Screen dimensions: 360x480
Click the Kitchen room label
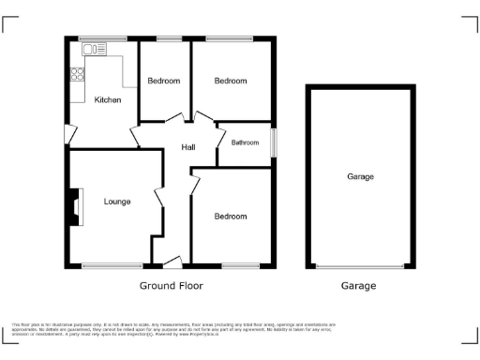tap(107, 99)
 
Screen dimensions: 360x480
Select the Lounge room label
tap(117, 202)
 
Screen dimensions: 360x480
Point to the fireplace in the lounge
tap(74, 208)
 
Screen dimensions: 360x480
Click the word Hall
tap(188, 147)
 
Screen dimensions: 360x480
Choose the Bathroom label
tap(246, 142)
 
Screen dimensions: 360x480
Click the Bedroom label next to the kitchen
tap(164, 82)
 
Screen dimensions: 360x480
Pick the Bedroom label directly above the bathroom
tap(231, 82)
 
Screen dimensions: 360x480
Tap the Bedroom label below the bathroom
tap(231, 217)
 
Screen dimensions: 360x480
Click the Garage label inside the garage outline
tap(360, 176)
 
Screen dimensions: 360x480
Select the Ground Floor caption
tap(171, 286)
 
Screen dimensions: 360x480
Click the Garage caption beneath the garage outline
tap(358, 286)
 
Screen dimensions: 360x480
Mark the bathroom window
tap(275, 142)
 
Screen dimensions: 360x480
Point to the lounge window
tap(112, 265)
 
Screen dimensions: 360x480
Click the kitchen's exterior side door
tap(67, 134)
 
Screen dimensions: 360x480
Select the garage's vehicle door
tap(360, 266)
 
